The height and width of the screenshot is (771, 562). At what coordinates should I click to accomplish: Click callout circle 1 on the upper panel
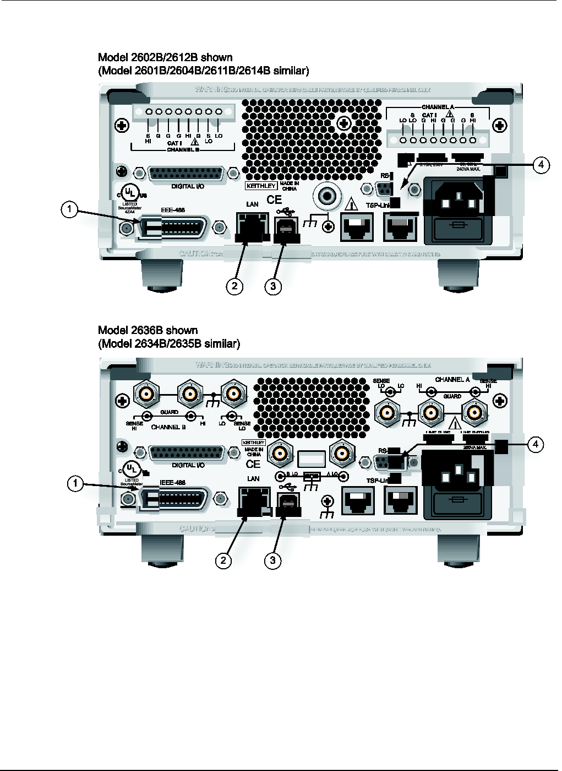[x=69, y=209]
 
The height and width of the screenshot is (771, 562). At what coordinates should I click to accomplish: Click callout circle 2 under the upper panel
[x=234, y=286]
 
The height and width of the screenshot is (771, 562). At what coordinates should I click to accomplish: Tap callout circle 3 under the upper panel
[x=273, y=286]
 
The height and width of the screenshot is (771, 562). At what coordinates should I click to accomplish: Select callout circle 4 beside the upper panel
[x=541, y=165]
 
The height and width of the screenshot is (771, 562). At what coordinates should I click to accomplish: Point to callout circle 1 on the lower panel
[x=75, y=484]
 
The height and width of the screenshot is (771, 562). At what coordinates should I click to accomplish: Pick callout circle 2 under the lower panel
[x=223, y=560]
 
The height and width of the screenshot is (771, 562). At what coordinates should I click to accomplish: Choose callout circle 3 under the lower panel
[x=272, y=560]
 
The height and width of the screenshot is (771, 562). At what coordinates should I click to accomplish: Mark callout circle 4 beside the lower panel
[x=536, y=444]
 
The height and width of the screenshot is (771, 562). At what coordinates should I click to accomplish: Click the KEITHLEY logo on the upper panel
[x=261, y=186]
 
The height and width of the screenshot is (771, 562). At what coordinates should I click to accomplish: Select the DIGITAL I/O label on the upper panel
[x=187, y=187]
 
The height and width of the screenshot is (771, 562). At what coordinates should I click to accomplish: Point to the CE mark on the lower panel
[x=253, y=465]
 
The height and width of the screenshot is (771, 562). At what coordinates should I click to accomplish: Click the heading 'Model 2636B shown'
[x=148, y=330]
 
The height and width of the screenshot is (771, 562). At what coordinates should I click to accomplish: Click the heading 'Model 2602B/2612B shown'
[x=165, y=57]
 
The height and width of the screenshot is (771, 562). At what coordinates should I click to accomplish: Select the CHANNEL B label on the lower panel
[x=168, y=427]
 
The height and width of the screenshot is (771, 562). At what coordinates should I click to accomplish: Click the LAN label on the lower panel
[x=253, y=478]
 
